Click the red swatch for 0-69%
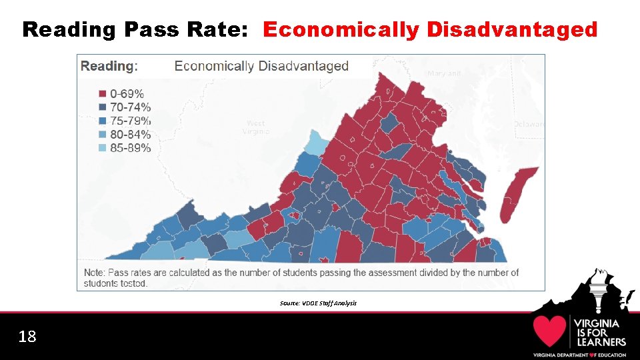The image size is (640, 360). point(103,94)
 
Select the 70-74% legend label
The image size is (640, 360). point(130,107)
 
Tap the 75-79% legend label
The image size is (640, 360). point(130,121)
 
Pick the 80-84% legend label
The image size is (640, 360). point(130,134)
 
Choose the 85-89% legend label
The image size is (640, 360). point(130,148)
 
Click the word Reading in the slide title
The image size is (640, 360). point(69,29)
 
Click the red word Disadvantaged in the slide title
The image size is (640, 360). point(511,29)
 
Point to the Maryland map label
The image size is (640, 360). point(444,73)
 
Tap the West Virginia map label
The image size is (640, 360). point(255,127)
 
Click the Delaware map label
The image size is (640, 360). point(529,124)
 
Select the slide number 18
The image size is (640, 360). point(27,337)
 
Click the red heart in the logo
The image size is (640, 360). point(549,331)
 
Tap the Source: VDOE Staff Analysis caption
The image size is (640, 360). point(319,303)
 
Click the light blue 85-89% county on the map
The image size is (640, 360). point(315,143)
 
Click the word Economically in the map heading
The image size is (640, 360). point(213,66)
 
